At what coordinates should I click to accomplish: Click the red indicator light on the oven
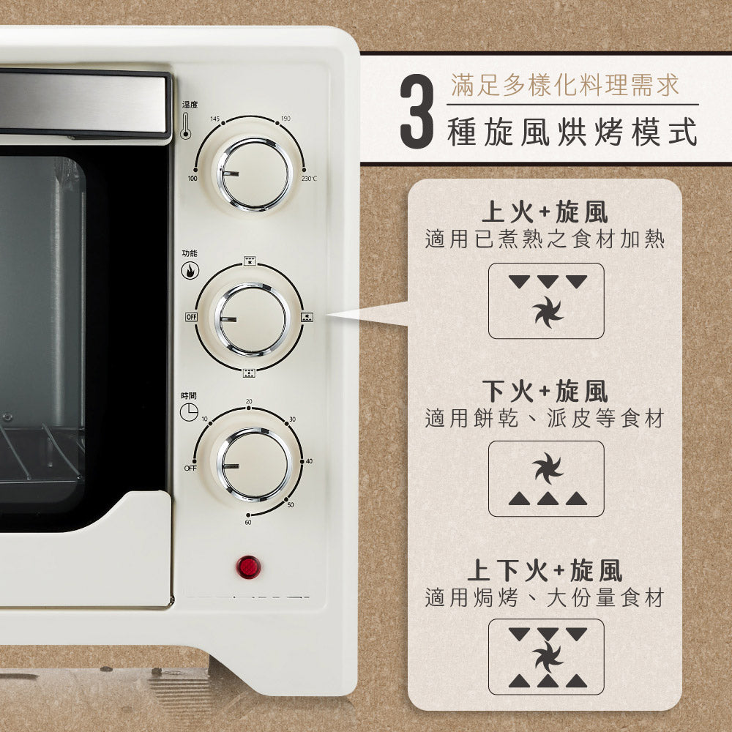pyautogui.click(x=248, y=567)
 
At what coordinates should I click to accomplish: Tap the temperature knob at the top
pyautogui.click(x=254, y=173)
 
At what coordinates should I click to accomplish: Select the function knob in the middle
pyautogui.click(x=251, y=318)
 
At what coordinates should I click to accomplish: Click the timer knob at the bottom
pyautogui.click(x=253, y=464)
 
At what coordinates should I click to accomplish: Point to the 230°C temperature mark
pyautogui.click(x=309, y=179)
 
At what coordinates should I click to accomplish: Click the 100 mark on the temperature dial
pyautogui.click(x=193, y=178)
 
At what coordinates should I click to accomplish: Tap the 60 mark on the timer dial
pyautogui.click(x=248, y=521)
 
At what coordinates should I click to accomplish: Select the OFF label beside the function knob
pyautogui.click(x=192, y=317)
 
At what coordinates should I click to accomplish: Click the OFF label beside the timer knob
pyautogui.click(x=190, y=467)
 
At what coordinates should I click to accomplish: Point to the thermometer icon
pyautogui.click(x=185, y=126)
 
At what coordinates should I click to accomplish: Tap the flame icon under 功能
pyautogui.click(x=190, y=271)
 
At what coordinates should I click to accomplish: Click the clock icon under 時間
pyautogui.click(x=189, y=412)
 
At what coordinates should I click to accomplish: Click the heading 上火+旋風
pyautogui.click(x=545, y=213)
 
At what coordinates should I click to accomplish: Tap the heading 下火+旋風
pyautogui.click(x=545, y=392)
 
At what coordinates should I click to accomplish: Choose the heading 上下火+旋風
pyautogui.click(x=545, y=569)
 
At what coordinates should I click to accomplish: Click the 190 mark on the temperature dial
pyautogui.click(x=285, y=119)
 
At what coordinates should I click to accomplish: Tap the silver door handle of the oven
pyautogui.click(x=84, y=102)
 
